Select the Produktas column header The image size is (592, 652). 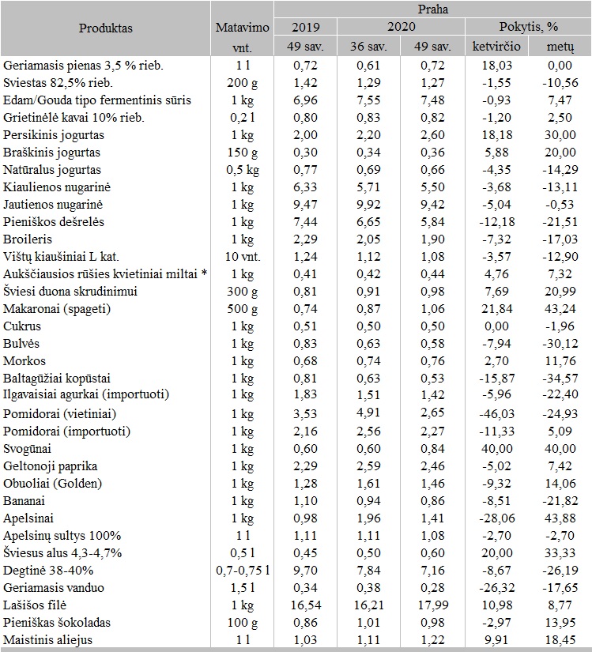pos(106,28)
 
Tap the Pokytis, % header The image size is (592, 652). pos(524,28)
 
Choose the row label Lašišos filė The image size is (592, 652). pos(34,605)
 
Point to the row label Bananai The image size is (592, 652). pos(25,501)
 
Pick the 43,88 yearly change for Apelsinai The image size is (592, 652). pos(561,518)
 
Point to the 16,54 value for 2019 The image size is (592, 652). pos(304,605)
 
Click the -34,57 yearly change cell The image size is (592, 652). pos(561,379)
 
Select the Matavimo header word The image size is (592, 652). pos(242,28)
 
